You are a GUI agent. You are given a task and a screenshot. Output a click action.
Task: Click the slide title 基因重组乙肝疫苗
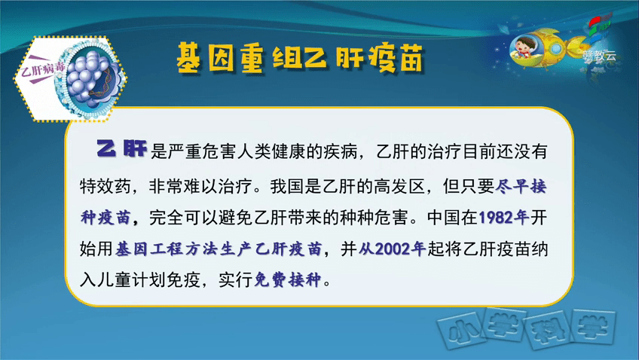coord(301,59)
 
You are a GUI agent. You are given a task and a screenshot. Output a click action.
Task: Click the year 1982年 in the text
coord(503,218)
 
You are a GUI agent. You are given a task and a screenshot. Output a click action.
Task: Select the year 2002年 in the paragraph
coord(400,249)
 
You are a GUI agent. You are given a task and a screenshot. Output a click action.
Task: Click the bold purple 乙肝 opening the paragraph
coord(121,148)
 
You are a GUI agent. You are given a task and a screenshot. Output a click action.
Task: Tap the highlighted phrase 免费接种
coord(288,280)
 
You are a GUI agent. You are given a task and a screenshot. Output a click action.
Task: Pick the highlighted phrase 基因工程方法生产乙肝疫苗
coord(219,249)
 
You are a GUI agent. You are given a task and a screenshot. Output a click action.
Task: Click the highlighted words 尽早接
coord(521,187)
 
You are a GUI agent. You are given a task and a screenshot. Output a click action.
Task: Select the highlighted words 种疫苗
coord(105,218)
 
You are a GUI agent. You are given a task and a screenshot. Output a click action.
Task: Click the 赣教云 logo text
coord(600,56)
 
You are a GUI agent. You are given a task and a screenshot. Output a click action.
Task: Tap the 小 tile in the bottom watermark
coord(460,330)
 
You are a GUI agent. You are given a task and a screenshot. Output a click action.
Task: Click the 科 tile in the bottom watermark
coord(548,330)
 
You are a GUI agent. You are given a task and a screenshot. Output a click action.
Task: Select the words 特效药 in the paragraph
coord(105,187)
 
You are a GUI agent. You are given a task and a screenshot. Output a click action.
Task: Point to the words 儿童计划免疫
coord(148,280)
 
